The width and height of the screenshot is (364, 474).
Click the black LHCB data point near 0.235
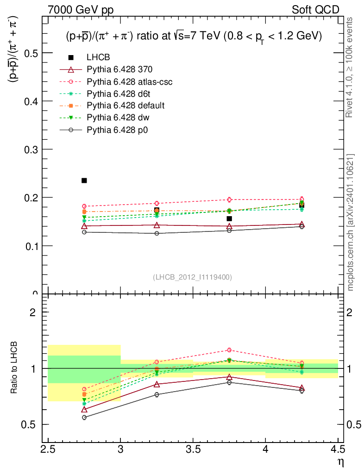pos(84,181)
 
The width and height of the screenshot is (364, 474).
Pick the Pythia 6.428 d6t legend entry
pos(119,94)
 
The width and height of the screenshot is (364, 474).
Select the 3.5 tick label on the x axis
pos(193,449)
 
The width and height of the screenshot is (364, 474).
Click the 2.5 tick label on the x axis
pos(48,449)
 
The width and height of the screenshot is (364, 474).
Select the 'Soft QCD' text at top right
pos(315,10)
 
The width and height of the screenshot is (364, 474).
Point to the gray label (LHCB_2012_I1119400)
pos(192,277)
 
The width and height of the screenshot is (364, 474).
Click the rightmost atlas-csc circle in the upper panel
pos(301,199)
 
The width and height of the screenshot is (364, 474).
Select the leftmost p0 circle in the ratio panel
pos(84,418)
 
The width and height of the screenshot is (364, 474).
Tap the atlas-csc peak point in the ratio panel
pos(229,350)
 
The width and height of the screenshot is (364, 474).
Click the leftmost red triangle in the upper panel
pos(84,226)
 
